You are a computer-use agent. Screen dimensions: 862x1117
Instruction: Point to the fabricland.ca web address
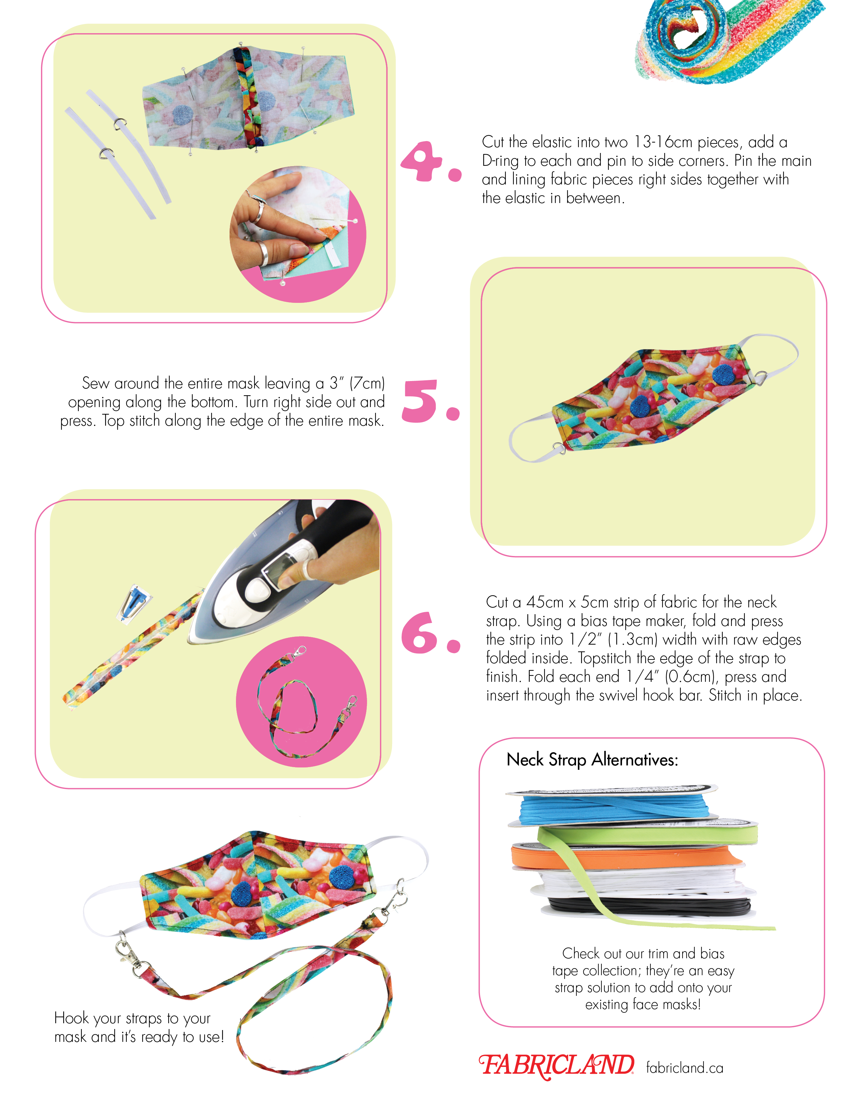click(x=685, y=1067)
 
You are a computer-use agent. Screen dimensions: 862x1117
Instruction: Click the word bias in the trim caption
click(x=712, y=954)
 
